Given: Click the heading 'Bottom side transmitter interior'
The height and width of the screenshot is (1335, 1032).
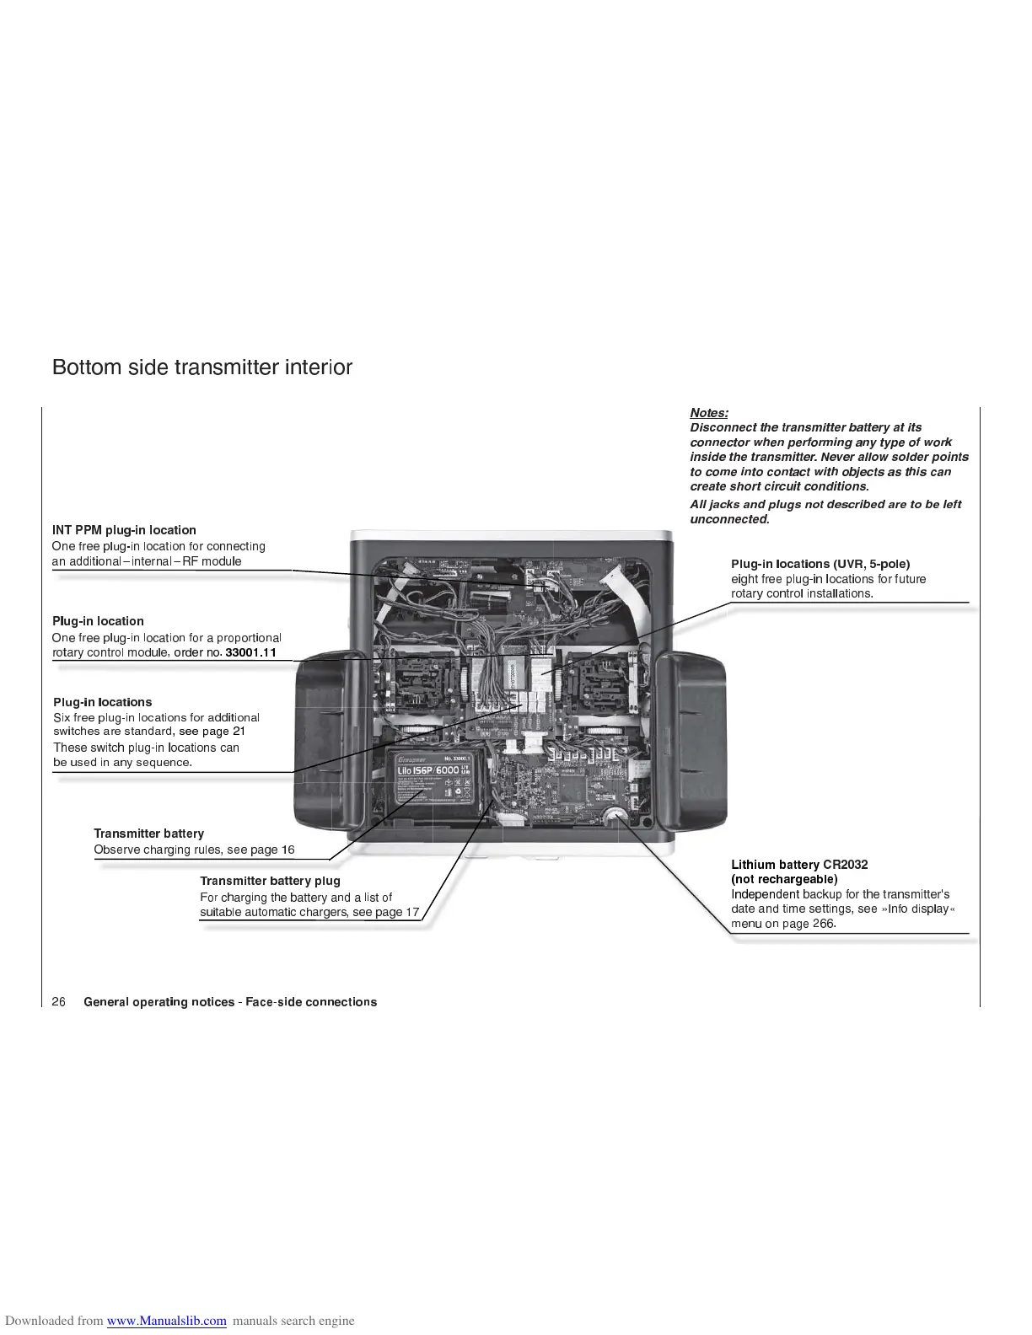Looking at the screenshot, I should (202, 367).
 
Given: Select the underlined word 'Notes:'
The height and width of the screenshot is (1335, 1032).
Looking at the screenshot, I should (709, 412).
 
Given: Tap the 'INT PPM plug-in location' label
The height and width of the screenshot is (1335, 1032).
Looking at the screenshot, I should (124, 530).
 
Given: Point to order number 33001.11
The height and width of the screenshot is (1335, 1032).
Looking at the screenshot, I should (251, 652).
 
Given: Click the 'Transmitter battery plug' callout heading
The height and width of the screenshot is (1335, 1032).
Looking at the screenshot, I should (270, 881).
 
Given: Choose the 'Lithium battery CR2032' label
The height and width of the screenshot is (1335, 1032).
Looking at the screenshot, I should (799, 865).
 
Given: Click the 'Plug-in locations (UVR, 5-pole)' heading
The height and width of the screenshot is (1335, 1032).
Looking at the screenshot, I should (820, 564).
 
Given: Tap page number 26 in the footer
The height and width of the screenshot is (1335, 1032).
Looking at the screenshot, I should (59, 1002).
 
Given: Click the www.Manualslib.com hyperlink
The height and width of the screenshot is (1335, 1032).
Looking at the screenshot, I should (167, 1321).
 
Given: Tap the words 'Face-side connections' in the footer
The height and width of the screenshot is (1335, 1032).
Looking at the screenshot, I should (311, 1002).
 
